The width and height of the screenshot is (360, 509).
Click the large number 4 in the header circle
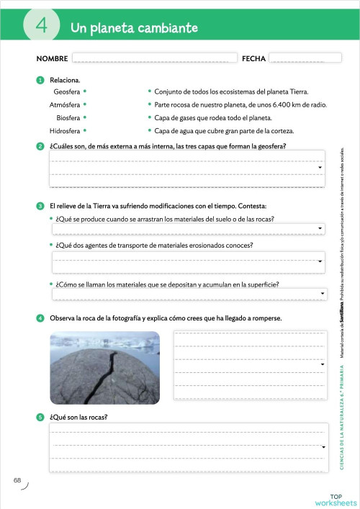click(x=41, y=27)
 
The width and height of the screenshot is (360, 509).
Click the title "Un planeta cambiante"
click(x=134, y=28)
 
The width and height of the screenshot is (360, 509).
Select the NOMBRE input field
click(x=154, y=58)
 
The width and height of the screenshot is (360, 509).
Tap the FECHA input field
click(x=295, y=58)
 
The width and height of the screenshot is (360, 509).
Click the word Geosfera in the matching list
click(x=66, y=92)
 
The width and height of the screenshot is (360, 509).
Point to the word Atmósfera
click(x=64, y=105)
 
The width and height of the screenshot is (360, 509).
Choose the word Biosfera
click(x=68, y=118)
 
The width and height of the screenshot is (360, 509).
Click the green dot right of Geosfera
click(x=85, y=92)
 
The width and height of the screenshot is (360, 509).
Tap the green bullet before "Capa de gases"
click(x=149, y=118)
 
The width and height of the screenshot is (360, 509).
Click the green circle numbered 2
click(x=40, y=147)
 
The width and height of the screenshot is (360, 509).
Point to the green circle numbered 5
click(x=40, y=417)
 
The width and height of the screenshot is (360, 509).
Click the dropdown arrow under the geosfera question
click(x=320, y=168)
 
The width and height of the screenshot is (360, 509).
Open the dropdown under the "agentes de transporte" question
click(x=320, y=261)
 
